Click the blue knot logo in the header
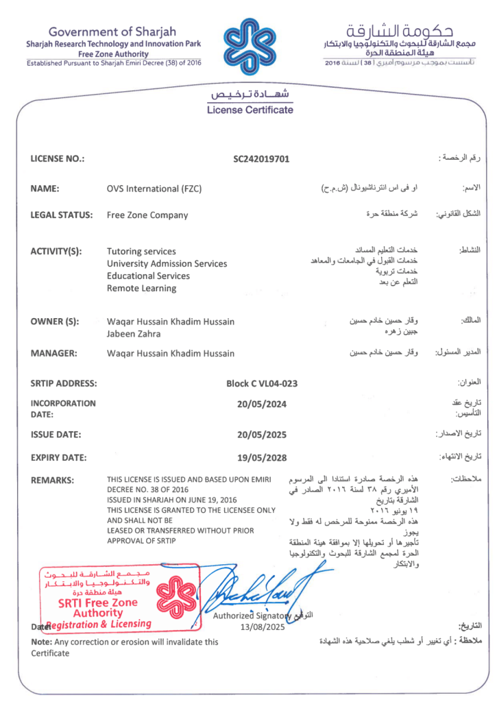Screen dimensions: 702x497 248,43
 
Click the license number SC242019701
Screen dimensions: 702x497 261,159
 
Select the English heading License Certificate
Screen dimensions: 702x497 250,110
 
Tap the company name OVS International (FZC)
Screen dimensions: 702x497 154,189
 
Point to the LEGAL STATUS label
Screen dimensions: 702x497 62,215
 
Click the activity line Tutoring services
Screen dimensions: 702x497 141,251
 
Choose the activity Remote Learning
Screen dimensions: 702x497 141,288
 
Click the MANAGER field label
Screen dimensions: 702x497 53,353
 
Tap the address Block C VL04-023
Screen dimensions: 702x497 261,383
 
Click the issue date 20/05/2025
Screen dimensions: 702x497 261,435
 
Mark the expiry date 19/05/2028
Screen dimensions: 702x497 261,457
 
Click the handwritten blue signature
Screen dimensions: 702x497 257,590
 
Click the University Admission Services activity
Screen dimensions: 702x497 167,263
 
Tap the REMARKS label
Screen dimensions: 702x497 53,480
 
